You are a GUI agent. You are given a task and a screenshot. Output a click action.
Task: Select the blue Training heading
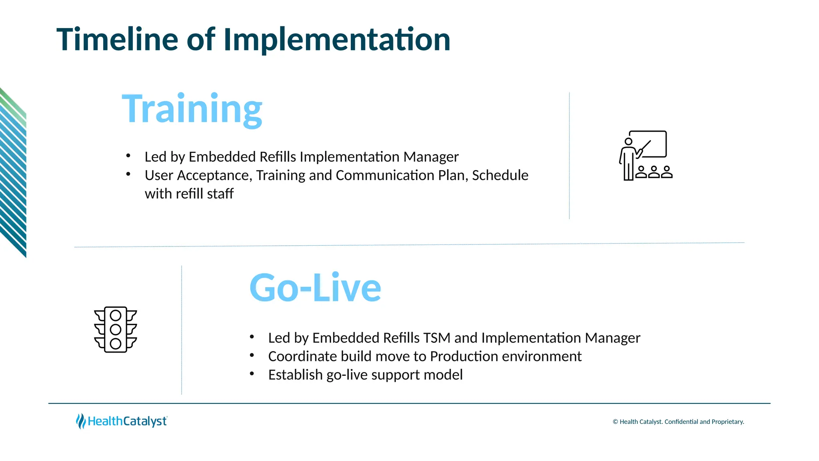192,109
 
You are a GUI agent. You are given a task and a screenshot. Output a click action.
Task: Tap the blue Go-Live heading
315,288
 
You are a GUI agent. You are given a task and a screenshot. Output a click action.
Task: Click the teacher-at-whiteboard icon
645,156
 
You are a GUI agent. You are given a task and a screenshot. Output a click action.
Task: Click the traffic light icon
116,329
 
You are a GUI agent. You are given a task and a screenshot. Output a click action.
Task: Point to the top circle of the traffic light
116,315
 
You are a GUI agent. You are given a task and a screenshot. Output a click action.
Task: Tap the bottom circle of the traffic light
116,343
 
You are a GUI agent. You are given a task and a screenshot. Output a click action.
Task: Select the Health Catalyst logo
122,421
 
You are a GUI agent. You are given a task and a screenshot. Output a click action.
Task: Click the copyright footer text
678,422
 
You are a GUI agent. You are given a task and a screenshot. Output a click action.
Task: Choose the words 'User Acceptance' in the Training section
198,175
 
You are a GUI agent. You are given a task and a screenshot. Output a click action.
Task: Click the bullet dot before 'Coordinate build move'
252,355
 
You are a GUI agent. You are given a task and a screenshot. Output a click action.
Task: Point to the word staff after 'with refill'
220,194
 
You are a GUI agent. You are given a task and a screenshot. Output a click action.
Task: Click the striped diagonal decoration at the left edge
13,172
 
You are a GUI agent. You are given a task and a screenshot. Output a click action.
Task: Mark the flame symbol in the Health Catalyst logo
80,421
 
